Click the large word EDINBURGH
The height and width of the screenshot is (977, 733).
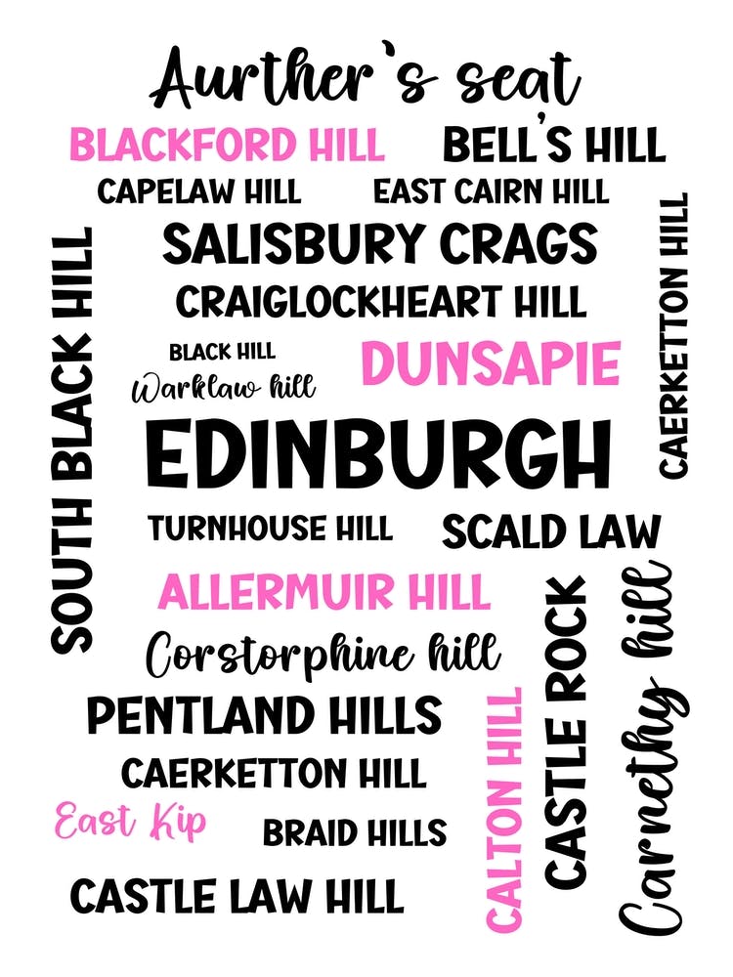(x=379, y=454)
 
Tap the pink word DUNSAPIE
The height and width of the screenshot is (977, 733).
(x=491, y=364)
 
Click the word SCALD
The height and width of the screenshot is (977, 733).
(x=491, y=532)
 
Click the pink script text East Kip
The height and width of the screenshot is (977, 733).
(x=130, y=823)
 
